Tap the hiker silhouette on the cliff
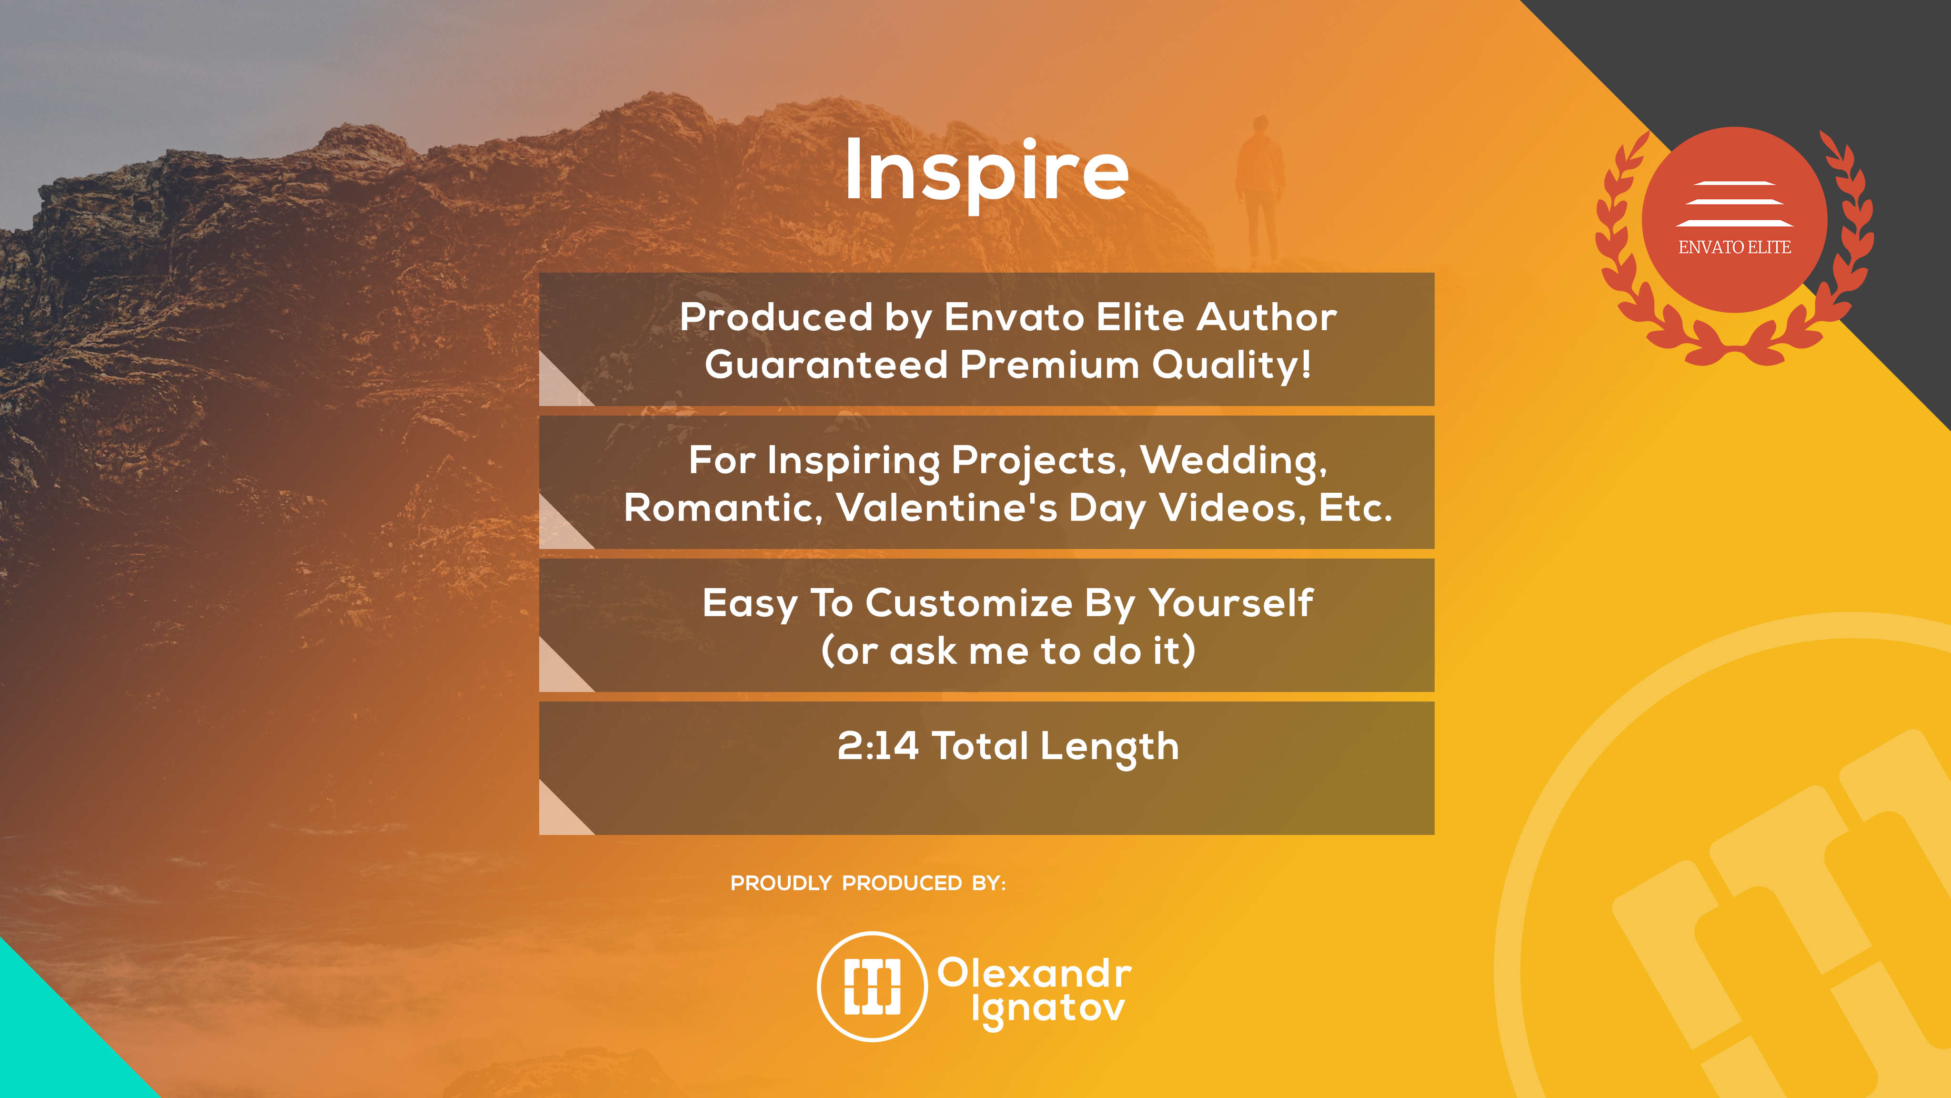pos(1259,190)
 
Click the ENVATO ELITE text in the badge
pos(1734,247)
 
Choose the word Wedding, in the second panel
pos(1234,461)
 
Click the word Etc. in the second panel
pos(1356,508)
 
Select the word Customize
pos(969,603)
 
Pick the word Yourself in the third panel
pos(1231,603)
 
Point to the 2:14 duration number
pos(878,746)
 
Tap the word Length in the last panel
pos(1109,748)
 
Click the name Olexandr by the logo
pos(1035,973)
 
